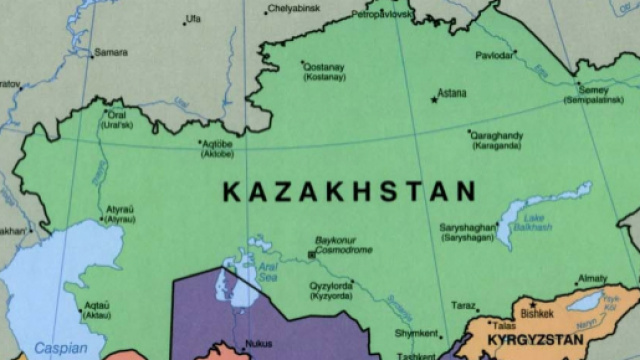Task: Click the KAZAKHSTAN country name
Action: coord(348,190)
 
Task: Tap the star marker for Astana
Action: coord(434,99)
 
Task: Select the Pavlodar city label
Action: coord(495,55)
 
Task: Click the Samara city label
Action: coord(110,52)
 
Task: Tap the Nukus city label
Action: coord(258,342)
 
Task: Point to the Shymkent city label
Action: coord(417,333)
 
